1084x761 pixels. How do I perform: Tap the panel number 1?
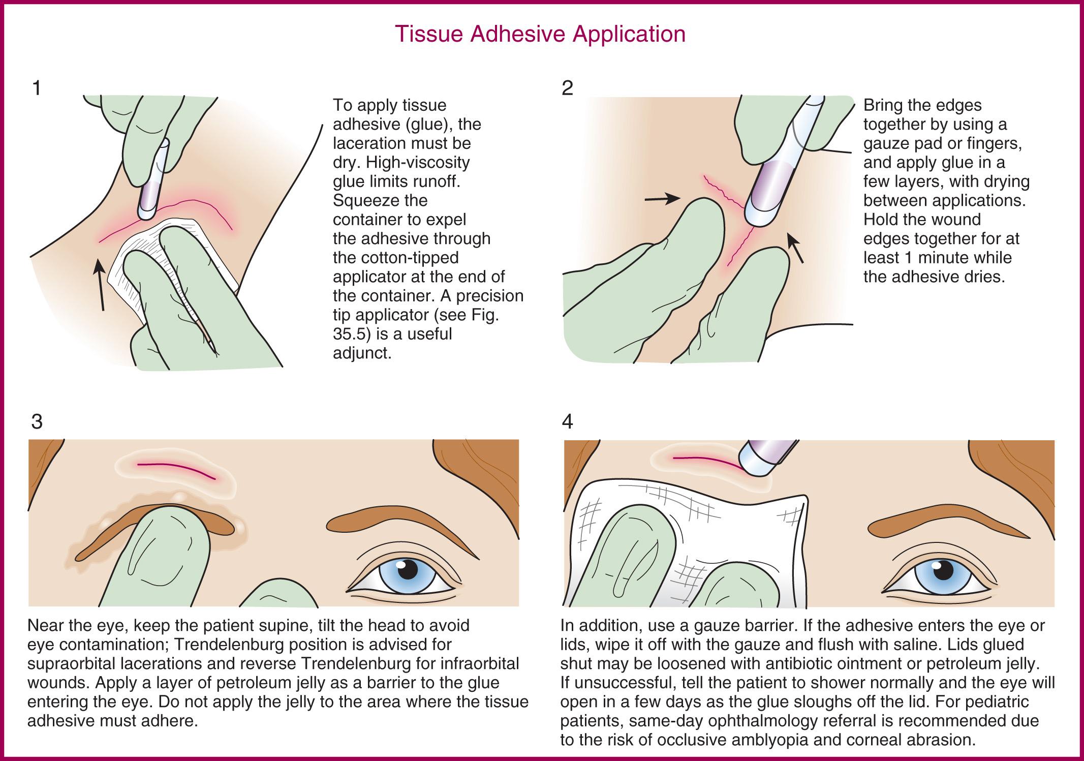pyautogui.click(x=36, y=88)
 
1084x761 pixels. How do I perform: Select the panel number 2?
pyautogui.click(x=568, y=88)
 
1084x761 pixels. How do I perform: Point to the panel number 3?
pyautogui.click(x=37, y=421)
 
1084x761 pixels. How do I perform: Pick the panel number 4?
pyautogui.click(x=568, y=421)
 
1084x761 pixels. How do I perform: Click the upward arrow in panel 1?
pyautogui.click(x=101, y=285)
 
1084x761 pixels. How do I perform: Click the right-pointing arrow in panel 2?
pyautogui.click(x=662, y=199)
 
